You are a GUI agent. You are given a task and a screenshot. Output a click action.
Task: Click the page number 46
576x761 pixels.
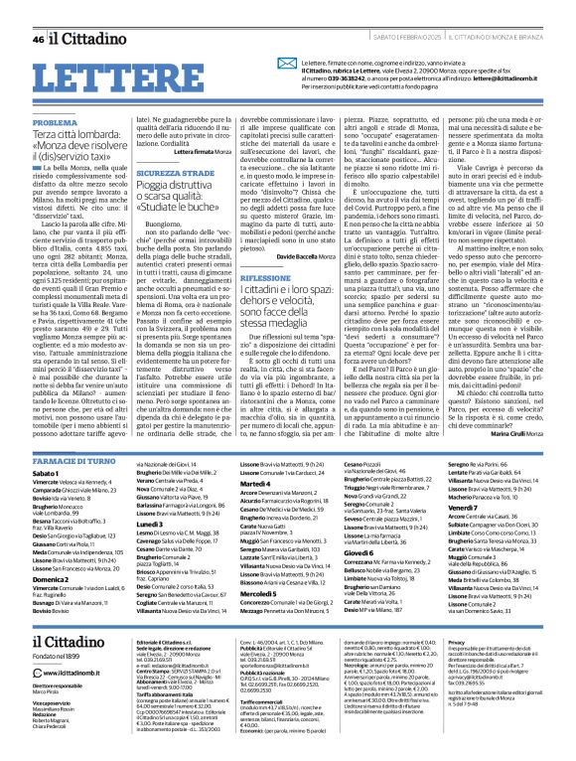(38, 11)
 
